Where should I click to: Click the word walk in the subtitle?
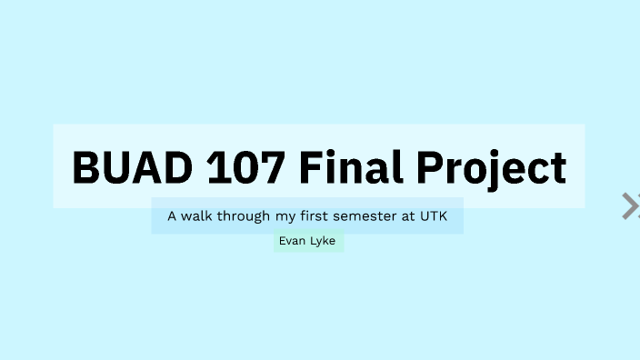[200, 217]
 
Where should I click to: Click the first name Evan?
[292, 241]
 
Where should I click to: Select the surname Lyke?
[324, 241]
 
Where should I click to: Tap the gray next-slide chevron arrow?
[630, 206]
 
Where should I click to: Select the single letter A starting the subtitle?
[172, 217]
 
